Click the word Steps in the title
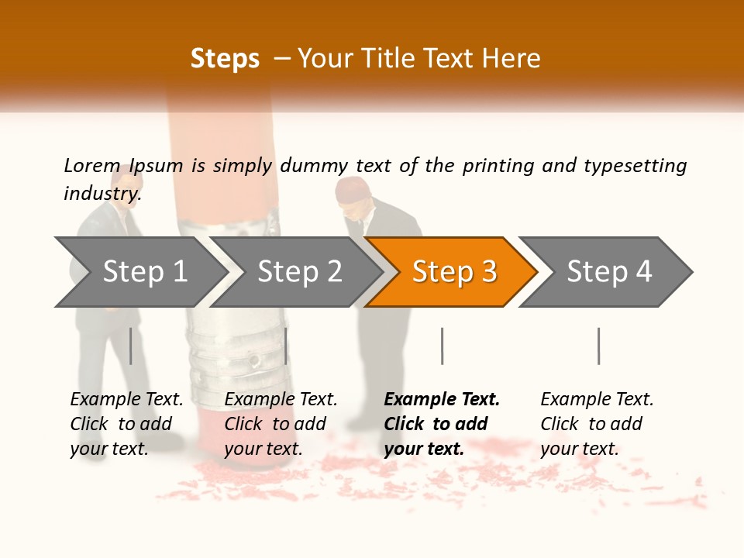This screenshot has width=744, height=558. (x=225, y=58)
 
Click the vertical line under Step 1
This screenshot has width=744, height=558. (x=131, y=346)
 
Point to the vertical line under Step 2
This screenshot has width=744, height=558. (x=286, y=346)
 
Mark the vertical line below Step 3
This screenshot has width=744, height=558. (x=442, y=346)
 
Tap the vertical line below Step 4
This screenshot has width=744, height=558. (x=598, y=346)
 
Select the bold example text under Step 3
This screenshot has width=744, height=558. (x=442, y=424)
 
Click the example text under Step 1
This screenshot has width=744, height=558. (x=126, y=424)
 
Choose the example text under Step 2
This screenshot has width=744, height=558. (x=281, y=424)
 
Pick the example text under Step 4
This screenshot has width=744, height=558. (x=597, y=424)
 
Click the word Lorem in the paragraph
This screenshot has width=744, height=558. (x=92, y=166)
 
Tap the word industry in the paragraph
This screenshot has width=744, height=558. (x=102, y=194)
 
